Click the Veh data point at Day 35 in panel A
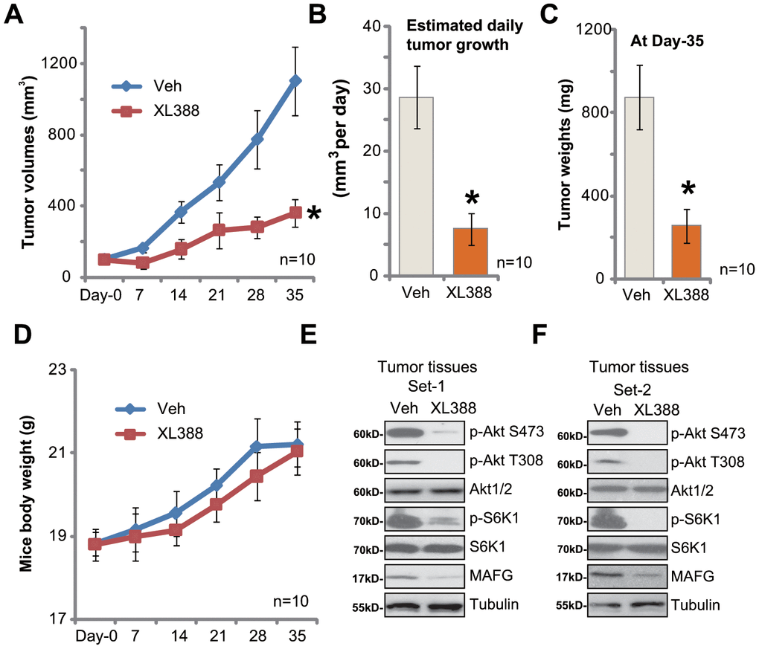pyautogui.click(x=295, y=80)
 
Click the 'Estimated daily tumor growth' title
pyautogui.click(x=465, y=35)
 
